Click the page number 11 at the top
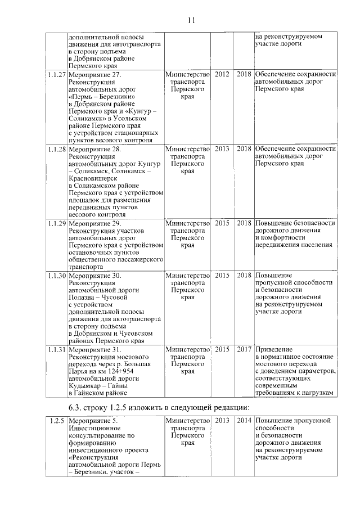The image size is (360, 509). pos(191,21)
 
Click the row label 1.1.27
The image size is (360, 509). pos(57,74)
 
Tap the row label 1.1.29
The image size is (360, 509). pos(57,223)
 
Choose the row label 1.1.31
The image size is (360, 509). pos(57,349)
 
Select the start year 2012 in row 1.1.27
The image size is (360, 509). pos(222,74)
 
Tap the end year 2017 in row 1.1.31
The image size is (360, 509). pos(244,349)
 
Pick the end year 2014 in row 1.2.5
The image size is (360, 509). pos(244,420)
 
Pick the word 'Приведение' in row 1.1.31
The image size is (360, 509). pos(274,349)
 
